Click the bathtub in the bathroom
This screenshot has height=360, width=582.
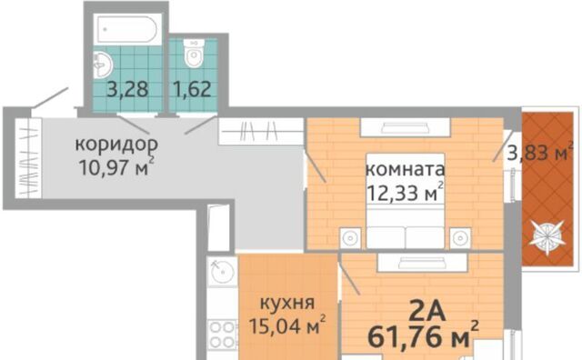click(127, 30)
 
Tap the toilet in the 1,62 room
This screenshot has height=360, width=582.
click(194, 54)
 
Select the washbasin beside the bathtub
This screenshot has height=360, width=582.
click(102, 65)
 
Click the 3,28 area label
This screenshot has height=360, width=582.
click(127, 89)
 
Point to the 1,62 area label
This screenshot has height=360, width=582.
click(192, 89)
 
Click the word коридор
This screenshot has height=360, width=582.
click(116, 145)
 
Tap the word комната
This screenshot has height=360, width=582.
click(405, 169)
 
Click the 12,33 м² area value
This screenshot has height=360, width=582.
click(405, 192)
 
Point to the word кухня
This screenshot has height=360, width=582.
click(287, 303)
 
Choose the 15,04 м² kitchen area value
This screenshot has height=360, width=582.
click(287, 325)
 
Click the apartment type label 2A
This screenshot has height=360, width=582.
click(426, 311)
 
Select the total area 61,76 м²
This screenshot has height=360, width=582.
click(423, 336)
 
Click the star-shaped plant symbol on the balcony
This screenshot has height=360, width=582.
click(547, 237)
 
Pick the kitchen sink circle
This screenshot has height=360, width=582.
click(222, 272)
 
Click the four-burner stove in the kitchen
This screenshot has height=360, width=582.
click(222, 334)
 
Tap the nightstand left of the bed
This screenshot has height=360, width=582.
click(350, 237)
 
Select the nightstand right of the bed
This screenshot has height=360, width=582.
click(460, 237)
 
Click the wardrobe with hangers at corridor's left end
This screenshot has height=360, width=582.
click(28, 158)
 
